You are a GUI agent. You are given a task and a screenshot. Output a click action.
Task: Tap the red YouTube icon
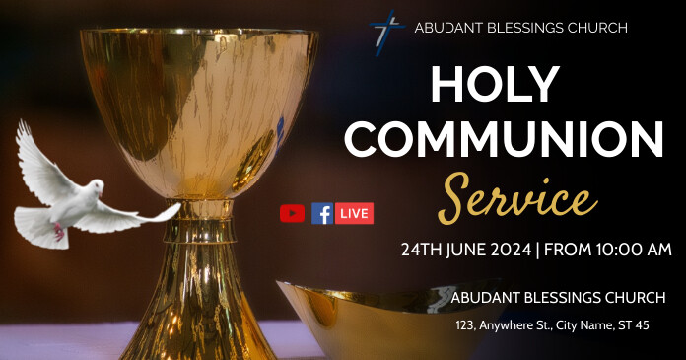pyautogui.click(x=292, y=213)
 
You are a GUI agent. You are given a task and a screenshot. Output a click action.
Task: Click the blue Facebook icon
pyautogui.click(x=321, y=213)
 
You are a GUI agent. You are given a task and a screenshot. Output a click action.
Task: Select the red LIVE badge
pyautogui.click(x=354, y=213)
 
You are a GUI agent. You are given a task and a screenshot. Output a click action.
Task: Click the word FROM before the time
pyautogui.click(x=568, y=250)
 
